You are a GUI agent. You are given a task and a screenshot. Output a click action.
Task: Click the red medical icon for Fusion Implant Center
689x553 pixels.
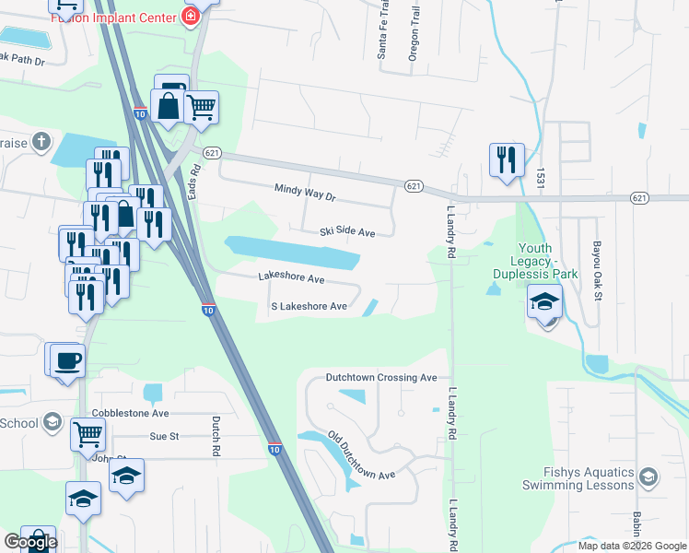191,17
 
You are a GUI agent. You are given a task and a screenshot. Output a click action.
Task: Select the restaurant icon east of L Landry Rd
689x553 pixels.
506,159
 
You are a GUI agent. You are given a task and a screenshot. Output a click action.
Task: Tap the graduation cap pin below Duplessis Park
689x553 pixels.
544,301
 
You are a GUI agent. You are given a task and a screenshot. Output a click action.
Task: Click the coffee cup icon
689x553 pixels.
68,359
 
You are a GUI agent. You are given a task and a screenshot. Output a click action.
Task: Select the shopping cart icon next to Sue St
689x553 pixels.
88,432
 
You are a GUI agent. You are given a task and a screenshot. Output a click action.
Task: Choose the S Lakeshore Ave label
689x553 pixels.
309,307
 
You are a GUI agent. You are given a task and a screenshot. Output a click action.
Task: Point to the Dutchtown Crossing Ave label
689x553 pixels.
381,378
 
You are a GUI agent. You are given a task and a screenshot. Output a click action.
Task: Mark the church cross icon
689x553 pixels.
40,141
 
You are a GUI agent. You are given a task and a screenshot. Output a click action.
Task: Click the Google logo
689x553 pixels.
30,542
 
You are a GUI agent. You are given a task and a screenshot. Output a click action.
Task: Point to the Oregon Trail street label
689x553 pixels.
414,39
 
